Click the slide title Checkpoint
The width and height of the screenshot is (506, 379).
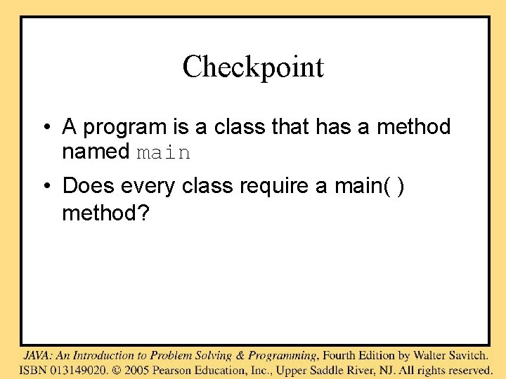(253, 67)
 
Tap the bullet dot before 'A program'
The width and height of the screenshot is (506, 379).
(44, 128)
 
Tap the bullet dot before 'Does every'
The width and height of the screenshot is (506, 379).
(44, 187)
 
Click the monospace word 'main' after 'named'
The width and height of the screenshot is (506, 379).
(163, 152)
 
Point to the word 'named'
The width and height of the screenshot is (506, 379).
(96, 152)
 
